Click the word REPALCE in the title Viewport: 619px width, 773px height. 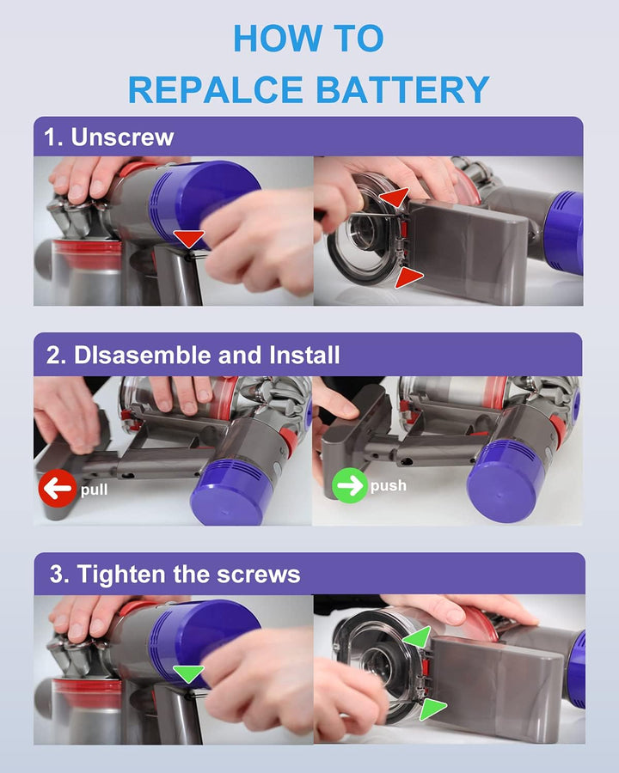(216, 89)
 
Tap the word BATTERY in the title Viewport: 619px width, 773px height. (402, 89)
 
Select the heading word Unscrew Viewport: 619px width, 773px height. (122, 137)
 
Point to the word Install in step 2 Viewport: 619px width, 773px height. (304, 355)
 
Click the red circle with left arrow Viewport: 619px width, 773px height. (58, 489)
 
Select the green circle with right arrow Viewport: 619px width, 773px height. (351, 485)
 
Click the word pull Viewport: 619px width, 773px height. (95, 490)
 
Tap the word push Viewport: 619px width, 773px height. (389, 486)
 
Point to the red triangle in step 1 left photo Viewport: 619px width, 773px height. (189, 238)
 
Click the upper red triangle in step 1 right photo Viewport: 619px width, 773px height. (395, 198)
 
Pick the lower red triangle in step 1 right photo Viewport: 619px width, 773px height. (408, 277)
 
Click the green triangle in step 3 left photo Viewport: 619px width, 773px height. (188, 673)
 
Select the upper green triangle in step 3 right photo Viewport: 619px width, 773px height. (419, 637)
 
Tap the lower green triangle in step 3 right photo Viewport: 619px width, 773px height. (431, 709)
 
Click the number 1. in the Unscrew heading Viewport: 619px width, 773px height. (53, 137)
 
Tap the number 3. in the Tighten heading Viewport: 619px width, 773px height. (59, 575)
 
